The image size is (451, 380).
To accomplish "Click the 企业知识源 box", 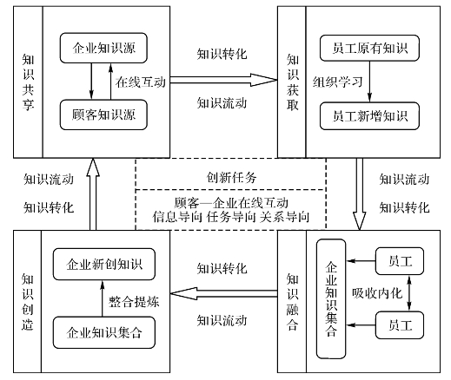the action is pyautogui.click(x=103, y=48).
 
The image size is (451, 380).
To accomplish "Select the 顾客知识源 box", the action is pyautogui.click(x=103, y=115).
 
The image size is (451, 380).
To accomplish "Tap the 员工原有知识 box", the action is pyautogui.click(x=369, y=48).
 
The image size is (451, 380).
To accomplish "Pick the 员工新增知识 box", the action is pyautogui.click(x=369, y=116).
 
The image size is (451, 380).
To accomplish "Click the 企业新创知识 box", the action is pyautogui.click(x=104, y=265).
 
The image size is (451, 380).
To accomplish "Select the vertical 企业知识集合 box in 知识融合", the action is pyautogui.click(x=331, y=299).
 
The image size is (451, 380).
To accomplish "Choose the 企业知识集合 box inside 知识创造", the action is pyautogui.click(x=104, y=332).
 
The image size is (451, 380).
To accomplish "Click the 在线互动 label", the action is pyautogui.click(x=141, y=82).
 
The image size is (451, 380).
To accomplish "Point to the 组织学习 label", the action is pyautogui.click(x=337, y=82).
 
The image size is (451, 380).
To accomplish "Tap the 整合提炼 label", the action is pyautogui.click(x=134, y=302).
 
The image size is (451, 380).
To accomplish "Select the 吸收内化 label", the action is pyautogui.click(x=377, y=293).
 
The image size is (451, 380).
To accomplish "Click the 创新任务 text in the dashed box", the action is pyautogui.click(x=231, y=177).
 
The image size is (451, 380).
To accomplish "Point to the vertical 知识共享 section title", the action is pyautogui.click(x=28, y=82).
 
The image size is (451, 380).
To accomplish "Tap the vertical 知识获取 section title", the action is pyautogui.click(x=292, y=82).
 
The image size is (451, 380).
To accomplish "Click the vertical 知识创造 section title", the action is pyautogui.click(x=28, y=302).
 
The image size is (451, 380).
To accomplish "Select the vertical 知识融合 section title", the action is pyautogui.click(x=292, y=302).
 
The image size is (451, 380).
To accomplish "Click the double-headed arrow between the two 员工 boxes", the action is pyautogui.click(x=409, y=293).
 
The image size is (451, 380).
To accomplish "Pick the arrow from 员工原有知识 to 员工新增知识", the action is pyautogui.click(x=369, y=82).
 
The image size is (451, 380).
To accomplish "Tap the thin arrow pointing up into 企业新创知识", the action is pyautogui.click(x=102, y=298).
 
